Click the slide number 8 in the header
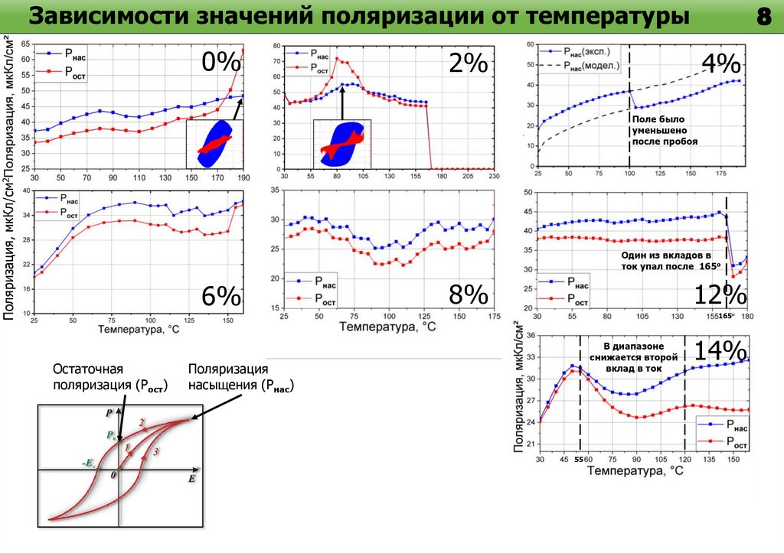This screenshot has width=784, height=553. click(762, 18)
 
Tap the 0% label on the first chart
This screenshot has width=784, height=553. click(222, 62)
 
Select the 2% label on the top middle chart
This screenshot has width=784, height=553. click(469, 63)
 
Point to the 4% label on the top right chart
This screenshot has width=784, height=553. click(720, 63)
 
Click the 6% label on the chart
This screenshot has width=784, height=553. click(222, 297)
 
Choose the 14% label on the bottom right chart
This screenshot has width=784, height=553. click(720, 351)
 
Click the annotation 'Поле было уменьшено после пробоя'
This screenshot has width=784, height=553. click(664, 131)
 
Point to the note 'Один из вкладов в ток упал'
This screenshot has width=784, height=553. click(671, 260)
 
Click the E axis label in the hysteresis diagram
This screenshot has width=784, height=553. click(192, 478)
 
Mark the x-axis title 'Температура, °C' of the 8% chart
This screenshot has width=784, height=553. click(388, 327)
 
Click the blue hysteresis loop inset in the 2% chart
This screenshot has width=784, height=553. click(343, 142)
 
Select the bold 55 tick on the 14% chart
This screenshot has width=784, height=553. click(580, 460)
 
